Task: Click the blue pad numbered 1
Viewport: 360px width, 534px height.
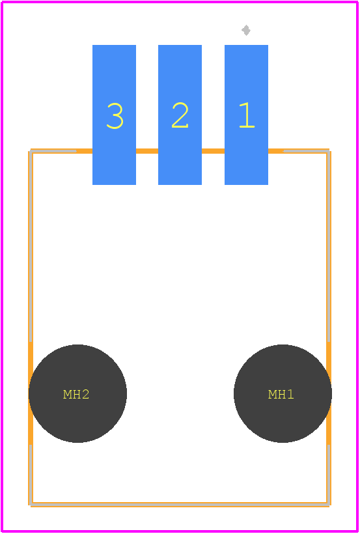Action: click(x=246, y=115)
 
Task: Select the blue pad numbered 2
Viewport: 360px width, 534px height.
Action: click(x=180, y=115)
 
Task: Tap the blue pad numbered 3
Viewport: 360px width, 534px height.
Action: click(x=114, y=115)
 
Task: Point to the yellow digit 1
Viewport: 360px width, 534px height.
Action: click(x=247, y=115)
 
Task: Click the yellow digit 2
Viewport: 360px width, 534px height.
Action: click(x=180, y=115)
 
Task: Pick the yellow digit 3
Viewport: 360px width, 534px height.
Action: click(x=115, y=116)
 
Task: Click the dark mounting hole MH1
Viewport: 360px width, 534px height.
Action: click(x=283, y=393)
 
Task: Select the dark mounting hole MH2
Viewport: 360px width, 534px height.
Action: click(x=77, y=393)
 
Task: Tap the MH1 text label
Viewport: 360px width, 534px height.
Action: click(x=281, y=395)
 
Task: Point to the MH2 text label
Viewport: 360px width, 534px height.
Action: click(x=76, y=395)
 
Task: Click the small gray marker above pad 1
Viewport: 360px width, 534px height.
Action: click(x=246, y=30)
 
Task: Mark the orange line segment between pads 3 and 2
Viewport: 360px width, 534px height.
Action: click(x=147, y=151)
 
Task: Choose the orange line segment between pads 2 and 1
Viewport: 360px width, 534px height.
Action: click(x=214, y=151)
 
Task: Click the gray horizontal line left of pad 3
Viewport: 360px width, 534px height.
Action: click(x=53, y=151)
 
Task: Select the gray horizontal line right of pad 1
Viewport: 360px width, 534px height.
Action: click(x=306, y=151)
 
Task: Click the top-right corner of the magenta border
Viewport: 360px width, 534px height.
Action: click(x=357, y=2)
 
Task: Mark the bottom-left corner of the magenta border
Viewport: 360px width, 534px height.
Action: click(x=3, y=531)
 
